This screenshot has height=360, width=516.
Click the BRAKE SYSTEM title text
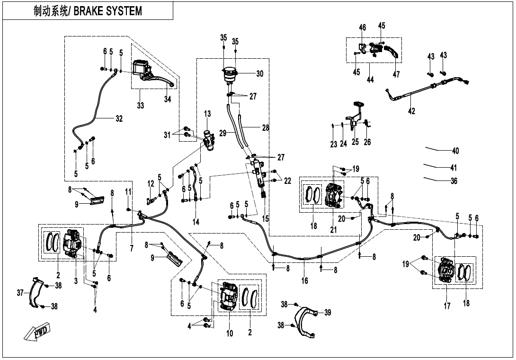click(x=88, y=11)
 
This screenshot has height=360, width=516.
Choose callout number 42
click(x=411, y=111)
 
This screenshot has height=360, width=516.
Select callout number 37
click(x=20, y=294)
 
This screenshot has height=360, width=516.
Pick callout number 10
click(x=230, y=333)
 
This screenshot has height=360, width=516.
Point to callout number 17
click(x=447, y=306)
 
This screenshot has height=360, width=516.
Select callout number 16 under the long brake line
click(x=305, y=281)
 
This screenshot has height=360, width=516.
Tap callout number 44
click(x=370, y=80)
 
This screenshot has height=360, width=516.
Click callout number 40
click(x=455, y=151)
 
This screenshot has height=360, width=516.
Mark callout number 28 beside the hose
click(x=265, y=128)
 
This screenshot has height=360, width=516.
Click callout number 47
click(x=396, y=74)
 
